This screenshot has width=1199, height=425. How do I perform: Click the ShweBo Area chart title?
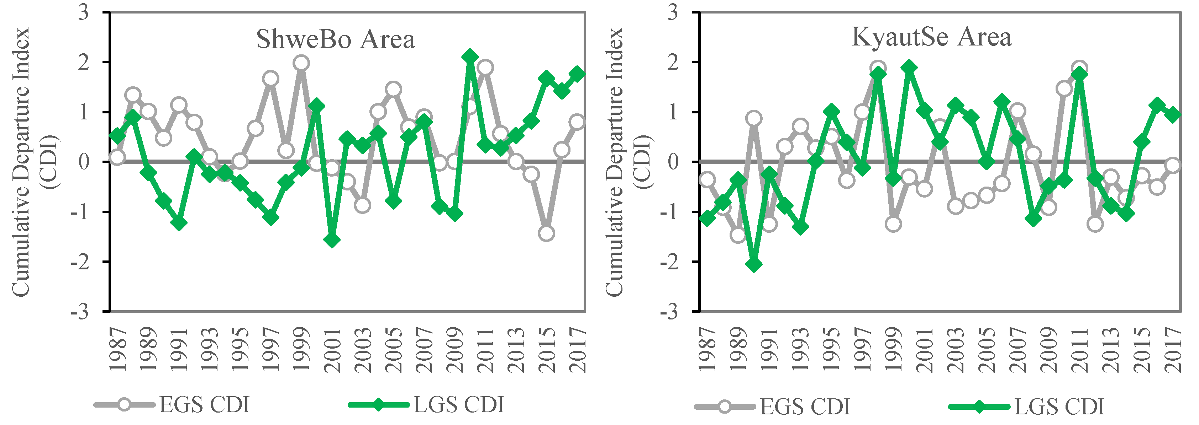(x=335, y=39)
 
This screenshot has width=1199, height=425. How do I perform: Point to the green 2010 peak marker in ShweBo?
(x=470, y=57)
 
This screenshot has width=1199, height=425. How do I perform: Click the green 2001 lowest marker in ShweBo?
(x=332, y=240)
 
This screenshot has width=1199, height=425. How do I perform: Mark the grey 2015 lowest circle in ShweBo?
(x=546, y=233)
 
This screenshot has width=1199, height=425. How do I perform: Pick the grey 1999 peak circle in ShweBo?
(x=301, y=63)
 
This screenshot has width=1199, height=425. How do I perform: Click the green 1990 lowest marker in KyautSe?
(x=754, y=265)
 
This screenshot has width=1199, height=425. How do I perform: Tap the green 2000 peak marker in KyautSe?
(x=909, y=68)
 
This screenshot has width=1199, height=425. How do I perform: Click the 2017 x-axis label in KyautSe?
(x=1173, y=350)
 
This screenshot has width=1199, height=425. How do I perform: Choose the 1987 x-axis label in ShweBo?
(x=118, y=350)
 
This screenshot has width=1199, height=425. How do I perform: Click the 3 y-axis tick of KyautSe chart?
(x=672, y=12)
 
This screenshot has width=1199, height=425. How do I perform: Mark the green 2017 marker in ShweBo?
(x=577, y=74)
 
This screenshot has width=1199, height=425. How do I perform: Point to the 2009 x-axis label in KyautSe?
(x=1049, y=350)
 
